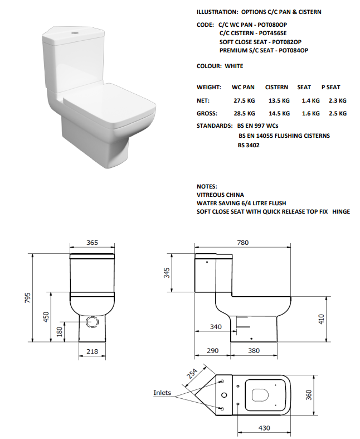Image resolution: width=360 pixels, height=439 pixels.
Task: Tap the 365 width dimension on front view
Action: tap(93, 243)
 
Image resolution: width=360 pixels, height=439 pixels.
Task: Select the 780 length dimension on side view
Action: tap(242, 243)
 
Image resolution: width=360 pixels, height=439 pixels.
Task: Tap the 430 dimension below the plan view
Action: tap(264, 428)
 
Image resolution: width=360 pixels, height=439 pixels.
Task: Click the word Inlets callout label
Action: tap(162, 393)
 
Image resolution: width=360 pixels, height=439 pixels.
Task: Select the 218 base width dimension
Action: tap(93, 351)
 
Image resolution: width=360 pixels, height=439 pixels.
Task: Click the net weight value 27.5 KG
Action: tap(244, 100)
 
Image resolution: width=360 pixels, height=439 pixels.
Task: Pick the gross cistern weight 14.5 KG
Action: tap(278, 113)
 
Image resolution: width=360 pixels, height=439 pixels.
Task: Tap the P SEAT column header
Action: tap(330, 88)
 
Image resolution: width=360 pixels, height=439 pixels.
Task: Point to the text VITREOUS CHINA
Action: tap(220, 195)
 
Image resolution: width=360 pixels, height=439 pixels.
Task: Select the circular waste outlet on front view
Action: tap(93, 322)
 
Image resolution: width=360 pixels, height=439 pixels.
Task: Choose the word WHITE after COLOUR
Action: tap(234, 66)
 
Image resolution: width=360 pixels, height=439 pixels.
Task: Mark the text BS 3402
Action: tap(249, 145)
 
